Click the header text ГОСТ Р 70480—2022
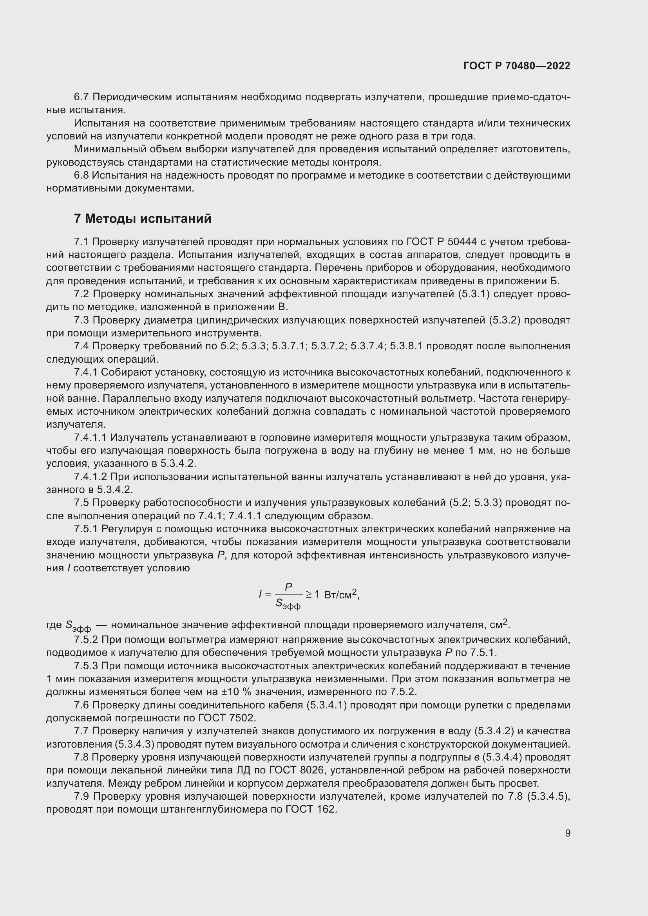(x=517, y=66)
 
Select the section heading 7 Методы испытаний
(x=143, y=219)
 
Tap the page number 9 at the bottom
(x=567, y=833)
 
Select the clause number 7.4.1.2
(x=91, y=477)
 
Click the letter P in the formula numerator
(x=288, y=587)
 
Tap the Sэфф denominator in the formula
(x=288, y=604)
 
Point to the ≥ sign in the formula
(x=309, y=594)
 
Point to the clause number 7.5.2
(x=86, y=640)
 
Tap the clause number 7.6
(x=82, y=705)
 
